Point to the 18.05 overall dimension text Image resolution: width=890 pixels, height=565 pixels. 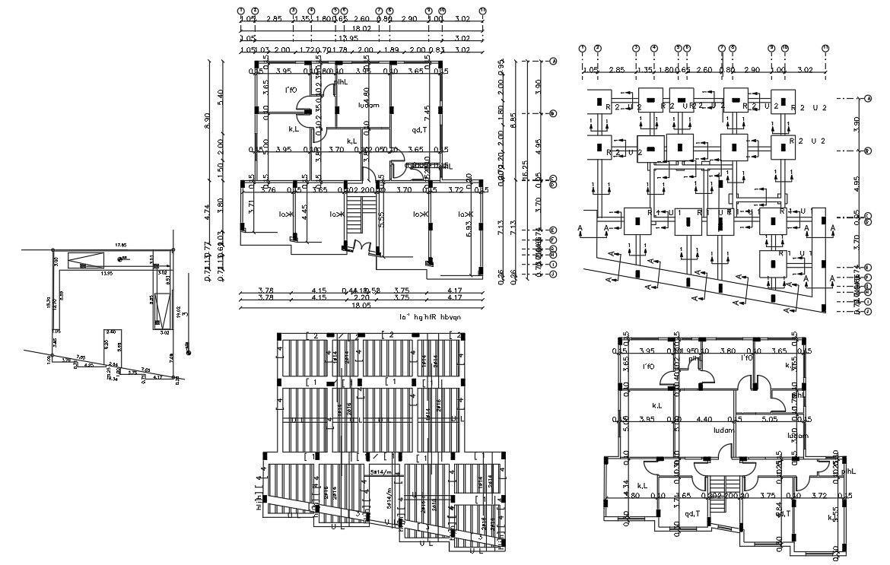358,306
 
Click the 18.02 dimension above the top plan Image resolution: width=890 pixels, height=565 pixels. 361,27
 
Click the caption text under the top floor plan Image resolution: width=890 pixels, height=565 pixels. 430,316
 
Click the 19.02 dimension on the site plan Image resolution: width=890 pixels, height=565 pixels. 178,311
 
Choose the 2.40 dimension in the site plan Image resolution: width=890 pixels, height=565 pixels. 111,332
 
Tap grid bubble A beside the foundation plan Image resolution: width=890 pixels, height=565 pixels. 868,99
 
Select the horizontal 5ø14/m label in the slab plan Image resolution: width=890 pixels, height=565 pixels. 381,472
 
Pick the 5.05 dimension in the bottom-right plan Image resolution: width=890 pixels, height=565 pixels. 763,419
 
